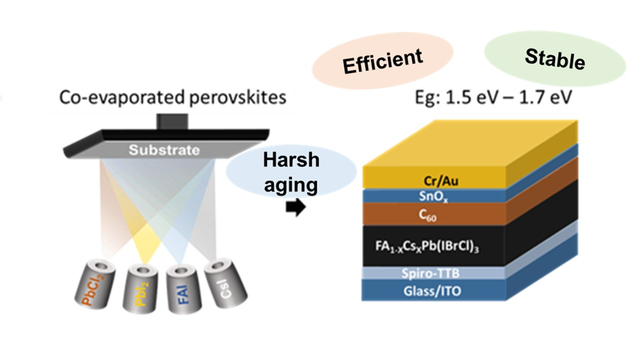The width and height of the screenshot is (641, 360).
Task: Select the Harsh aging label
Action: click(290, 173)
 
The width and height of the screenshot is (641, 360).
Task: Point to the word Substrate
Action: click(164, 150)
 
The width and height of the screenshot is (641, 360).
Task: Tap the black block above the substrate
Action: click(172, 121)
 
